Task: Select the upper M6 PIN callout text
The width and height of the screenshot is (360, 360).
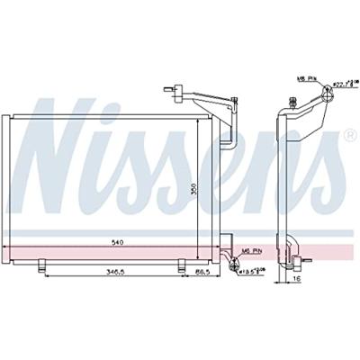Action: pos(305,79)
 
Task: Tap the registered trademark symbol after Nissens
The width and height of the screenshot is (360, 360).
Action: pos(349,136)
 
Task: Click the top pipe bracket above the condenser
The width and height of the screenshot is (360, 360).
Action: pos(170,89)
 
